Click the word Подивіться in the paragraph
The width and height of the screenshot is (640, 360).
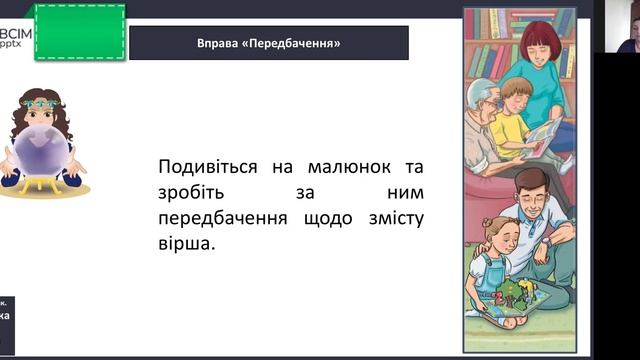pos(207,166)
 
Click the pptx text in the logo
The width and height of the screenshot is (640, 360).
pos(13,45)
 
